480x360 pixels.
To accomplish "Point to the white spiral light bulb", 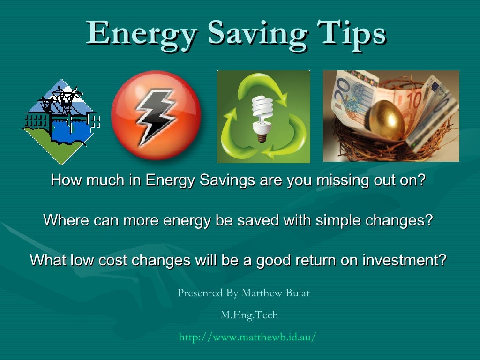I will tap(262, 115).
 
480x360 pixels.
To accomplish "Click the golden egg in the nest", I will tap(387, 119).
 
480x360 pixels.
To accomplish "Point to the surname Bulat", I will tap(295, 293).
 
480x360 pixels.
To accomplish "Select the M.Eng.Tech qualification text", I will tap(249, 315).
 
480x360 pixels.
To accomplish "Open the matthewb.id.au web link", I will tap(247, 337).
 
